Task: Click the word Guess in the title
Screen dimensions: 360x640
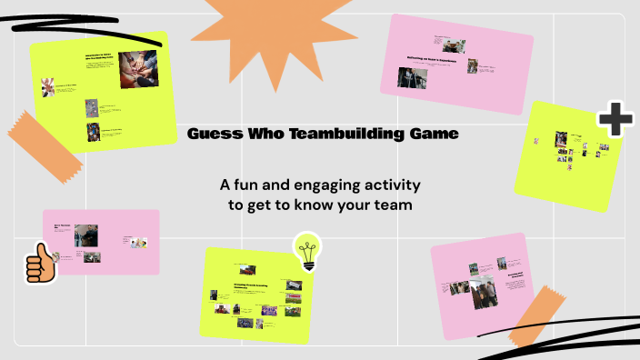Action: point(211,135)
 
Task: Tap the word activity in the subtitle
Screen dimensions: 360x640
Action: point(394,185)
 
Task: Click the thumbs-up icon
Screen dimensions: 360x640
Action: point(40,264)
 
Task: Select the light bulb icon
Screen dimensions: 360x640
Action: point(307,251)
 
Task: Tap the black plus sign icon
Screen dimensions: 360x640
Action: point(615,119)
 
